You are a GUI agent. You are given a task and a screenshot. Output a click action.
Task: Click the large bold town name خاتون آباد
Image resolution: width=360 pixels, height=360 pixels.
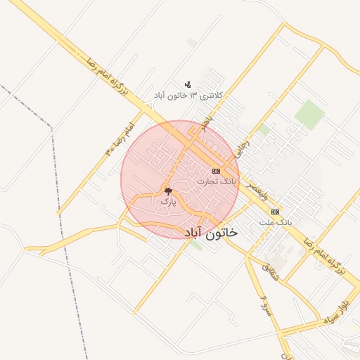tap(210, 231)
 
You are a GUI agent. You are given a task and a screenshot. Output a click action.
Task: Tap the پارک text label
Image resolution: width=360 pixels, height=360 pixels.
tap(167, 201)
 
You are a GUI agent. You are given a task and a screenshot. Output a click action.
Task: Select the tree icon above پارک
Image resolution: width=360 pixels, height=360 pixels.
tap(167, 191)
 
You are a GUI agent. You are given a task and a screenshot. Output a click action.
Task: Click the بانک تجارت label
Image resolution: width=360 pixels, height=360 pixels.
tap(217, 181)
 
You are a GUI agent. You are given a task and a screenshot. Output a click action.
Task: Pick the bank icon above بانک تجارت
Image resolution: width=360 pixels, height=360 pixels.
tap(216, 171)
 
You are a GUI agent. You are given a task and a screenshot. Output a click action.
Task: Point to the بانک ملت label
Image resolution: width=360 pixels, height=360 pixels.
tap(275, 221)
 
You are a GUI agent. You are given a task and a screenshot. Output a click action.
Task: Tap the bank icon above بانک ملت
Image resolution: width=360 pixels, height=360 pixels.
tap(275, 211)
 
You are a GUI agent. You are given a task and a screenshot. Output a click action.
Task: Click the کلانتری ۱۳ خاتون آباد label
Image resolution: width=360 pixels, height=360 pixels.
tap(188, 95)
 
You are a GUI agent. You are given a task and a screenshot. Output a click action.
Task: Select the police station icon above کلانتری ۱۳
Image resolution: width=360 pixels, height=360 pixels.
tap(188, 84)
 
